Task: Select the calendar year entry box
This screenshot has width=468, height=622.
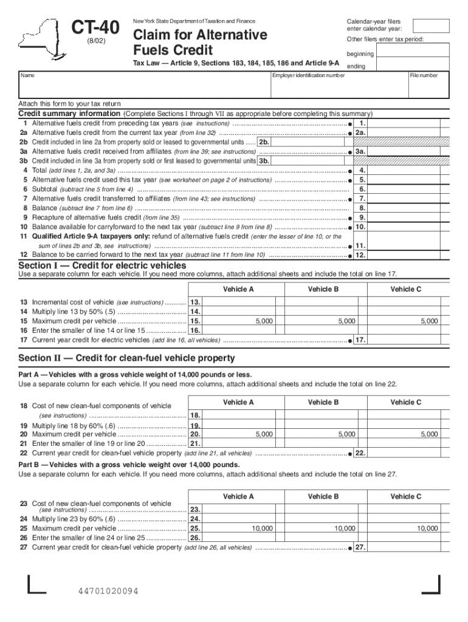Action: pos(430,26)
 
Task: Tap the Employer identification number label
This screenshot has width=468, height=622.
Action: pos(308,75)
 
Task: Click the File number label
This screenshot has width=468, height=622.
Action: pos(423,75)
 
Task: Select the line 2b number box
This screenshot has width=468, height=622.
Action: pos(264,142)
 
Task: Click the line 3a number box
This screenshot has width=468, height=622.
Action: pos(360,152)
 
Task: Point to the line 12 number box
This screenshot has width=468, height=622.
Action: pos(360,255)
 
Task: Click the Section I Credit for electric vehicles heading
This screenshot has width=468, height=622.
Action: pos(102,266)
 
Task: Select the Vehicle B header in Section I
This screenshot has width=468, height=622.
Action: pos(323,289)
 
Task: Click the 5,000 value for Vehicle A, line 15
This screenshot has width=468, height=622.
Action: pos(264,321)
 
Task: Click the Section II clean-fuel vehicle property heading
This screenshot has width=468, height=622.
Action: pos(126,358)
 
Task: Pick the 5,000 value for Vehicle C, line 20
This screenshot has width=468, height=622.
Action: pos(429,434)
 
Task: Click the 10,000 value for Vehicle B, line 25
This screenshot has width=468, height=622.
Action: pos(345,528)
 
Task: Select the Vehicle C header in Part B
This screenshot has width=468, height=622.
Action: pos(406,496)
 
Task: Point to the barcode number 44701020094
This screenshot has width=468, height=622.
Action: pos(108,591)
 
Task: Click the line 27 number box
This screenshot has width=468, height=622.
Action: pos(360,547)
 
